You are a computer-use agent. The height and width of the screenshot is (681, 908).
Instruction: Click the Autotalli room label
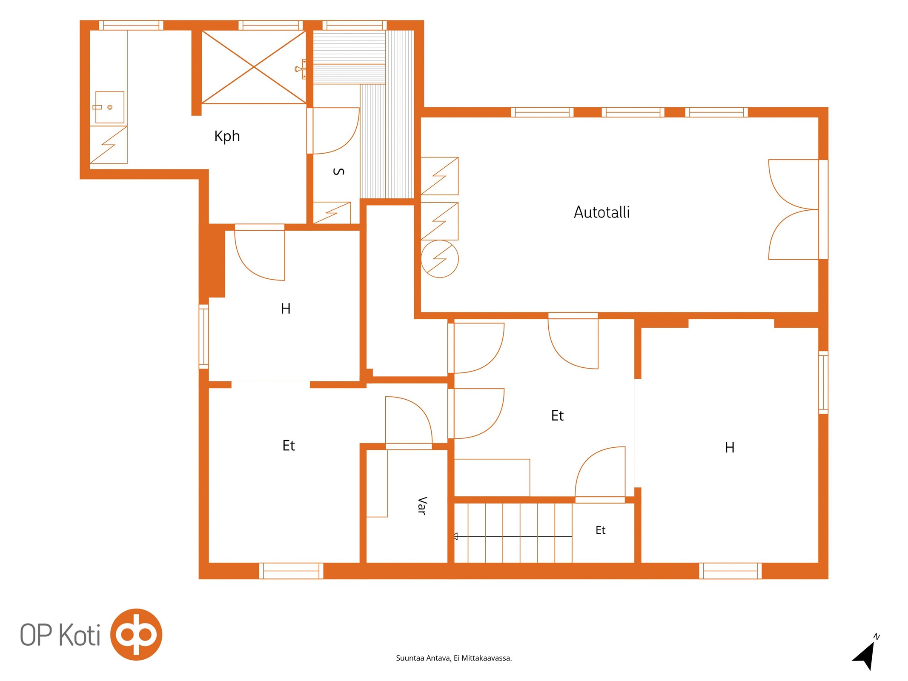tap(602, 212)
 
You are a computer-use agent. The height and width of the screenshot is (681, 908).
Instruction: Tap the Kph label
tap(227, 136)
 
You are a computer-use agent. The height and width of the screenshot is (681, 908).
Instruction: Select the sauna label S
tap(338, 172)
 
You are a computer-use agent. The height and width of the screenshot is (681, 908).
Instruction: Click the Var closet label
tap(421, 506)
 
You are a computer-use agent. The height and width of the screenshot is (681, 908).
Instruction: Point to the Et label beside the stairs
tap(600, 530)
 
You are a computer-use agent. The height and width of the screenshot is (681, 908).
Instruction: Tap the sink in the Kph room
tap(109, 107)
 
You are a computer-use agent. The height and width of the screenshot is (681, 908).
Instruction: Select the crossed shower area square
tap(254, 67)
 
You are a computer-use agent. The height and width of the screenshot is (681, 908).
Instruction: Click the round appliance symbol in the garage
tap(440, 259)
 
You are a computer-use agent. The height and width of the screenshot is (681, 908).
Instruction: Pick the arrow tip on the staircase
tap(455, 536)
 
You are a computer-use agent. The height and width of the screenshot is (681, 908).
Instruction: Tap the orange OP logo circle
tap(136, 635)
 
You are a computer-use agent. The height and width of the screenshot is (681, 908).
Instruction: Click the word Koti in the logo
tap(80, 635)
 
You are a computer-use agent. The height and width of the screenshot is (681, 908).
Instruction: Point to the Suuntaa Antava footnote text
tap(454, 658)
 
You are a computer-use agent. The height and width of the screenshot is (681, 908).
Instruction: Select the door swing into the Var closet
tap(409, 421)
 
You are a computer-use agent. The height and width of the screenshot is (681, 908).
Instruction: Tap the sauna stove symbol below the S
tap(332, 213)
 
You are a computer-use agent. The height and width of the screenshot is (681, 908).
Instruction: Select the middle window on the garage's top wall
tap(633, 112)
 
